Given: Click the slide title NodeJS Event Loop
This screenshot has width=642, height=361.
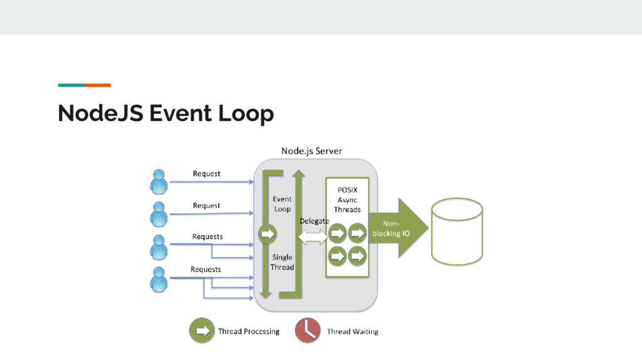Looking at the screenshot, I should (x=166, y=114).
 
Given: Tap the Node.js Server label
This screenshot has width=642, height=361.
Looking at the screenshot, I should (x=312, y=151).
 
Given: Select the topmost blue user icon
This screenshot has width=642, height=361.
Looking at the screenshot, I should (x=159, y=181).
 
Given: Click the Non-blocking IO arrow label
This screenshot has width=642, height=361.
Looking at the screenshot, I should (x=391, y=228).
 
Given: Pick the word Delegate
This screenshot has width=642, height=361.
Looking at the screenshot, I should (x=314, y=221).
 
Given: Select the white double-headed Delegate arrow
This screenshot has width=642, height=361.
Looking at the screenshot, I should (x=313, y=237).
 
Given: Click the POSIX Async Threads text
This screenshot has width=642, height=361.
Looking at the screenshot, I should (x=347, y=199).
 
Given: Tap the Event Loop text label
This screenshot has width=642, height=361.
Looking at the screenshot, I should (x=282, y=204).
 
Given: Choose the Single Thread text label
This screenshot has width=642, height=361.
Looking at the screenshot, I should (x=282, y=262).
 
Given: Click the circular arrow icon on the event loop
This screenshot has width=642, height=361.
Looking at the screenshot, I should (x=268, y=234).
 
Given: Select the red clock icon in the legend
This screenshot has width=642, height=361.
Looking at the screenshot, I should (x=308, y=331).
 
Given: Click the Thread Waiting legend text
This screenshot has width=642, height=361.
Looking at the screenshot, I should (x=352, y=332).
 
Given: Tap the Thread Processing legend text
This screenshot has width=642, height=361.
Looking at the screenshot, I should (x=248, y=332).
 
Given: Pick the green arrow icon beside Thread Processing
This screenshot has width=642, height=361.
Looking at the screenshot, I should (x=202, y=331).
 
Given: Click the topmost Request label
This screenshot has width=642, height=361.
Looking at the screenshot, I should (x=206, y=174).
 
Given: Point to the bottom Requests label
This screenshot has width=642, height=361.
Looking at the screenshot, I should (x=206, y=269).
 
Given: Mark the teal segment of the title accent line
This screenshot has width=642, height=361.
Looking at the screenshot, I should (x=71, y=85).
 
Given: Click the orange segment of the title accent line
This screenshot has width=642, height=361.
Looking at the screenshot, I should (x=98, y=85).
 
